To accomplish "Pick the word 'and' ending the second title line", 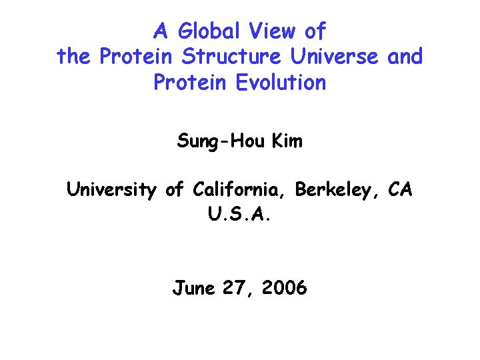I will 405,57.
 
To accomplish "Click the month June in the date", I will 193,288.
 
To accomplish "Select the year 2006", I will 285,288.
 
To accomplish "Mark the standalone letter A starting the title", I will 160,31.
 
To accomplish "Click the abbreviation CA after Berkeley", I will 401,191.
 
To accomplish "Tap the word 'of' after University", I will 174,191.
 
